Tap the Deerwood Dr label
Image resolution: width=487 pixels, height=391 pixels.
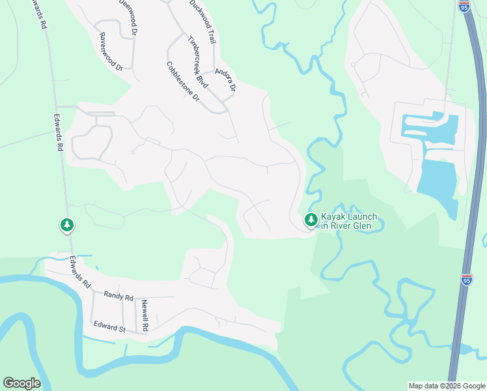[x=128, y=17]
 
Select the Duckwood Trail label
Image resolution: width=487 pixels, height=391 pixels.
[x=202, y=22]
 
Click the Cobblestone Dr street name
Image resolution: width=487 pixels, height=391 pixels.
[x=183, y=81]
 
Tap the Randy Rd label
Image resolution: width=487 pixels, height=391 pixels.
[x=118, y=296]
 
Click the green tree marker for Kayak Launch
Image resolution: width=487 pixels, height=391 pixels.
[x=311, y=220]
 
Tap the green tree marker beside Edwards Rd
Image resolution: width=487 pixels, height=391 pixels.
[x=66, y=225]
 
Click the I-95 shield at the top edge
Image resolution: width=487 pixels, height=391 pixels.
[x=464, y=7]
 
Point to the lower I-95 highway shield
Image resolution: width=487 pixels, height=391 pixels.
[x=467, y=279]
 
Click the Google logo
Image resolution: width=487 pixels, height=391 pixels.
[x=21, y=383]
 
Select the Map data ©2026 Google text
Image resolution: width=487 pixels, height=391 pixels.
[x=447, y=386]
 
